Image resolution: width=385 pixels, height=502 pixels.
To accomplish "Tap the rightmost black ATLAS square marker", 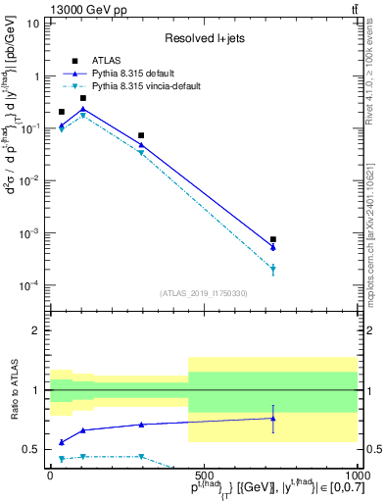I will point(273,239).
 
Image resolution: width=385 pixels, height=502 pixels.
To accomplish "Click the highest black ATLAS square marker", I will point(83,98).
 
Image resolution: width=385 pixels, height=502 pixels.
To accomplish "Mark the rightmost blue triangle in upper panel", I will point(273,247).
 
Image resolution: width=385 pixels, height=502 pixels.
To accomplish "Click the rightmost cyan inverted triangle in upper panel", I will point(273,270).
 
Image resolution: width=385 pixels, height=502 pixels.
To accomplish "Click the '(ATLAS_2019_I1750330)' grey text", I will point(202,292).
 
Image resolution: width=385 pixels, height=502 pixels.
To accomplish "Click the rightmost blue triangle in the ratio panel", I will point(273,419).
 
